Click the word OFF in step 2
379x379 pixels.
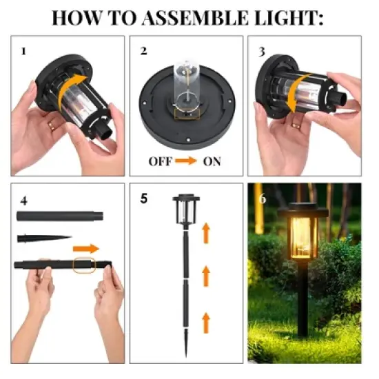pos(161,163)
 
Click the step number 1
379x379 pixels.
pos(23,51)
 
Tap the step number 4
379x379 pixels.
pos(24,201)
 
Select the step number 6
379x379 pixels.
pos(261,199)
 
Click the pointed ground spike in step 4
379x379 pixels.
pos(43,239)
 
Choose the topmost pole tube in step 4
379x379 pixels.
pos(60,216)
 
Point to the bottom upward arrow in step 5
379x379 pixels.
pos(205,321)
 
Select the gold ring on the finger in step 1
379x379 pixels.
pos(52,125)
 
